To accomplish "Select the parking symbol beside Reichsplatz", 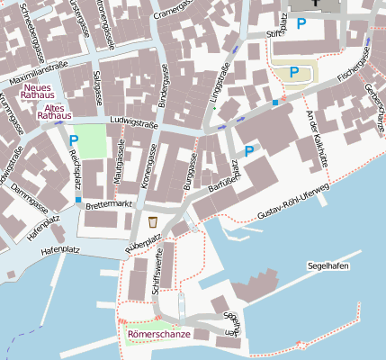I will pyautogui.click(x=74, y=140).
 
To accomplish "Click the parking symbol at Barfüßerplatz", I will pyautogui.click(x=249, y=151).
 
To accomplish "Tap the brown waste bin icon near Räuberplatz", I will pyautogui.click(x=153, y=221).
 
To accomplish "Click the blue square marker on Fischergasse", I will pyautogui.click(x=275, y=103).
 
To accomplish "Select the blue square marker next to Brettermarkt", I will pyautogui.click(x=78, y=200).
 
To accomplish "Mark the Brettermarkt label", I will pyautogui.click(x=109, y=205).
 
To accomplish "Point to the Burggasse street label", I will pyautogui.click(x=190, y=170).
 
